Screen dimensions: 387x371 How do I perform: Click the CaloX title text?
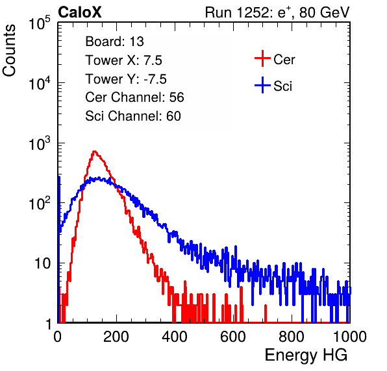80,12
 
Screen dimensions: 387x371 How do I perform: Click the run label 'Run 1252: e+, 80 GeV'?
277,12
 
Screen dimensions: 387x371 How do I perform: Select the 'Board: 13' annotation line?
114,42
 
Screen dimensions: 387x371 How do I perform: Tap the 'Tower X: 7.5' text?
123,60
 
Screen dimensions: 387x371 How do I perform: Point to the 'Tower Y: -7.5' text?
126,79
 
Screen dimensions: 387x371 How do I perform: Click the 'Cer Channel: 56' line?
134,97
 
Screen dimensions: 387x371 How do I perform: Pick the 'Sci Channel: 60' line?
133,116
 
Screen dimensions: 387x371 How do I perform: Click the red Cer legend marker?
262,58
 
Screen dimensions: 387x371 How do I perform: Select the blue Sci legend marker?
262,85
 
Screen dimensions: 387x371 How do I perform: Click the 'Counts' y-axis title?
9,51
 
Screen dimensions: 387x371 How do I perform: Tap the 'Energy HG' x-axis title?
306,355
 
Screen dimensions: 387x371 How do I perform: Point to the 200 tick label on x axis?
116,337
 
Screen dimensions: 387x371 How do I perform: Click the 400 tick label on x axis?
175,337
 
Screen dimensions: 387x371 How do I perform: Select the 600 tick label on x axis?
233,337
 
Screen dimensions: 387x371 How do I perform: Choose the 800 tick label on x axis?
292,337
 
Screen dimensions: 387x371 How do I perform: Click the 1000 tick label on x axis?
350,337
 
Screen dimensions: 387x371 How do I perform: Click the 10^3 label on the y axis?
40,143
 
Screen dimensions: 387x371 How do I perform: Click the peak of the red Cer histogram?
94,151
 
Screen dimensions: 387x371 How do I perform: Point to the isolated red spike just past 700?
266,313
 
